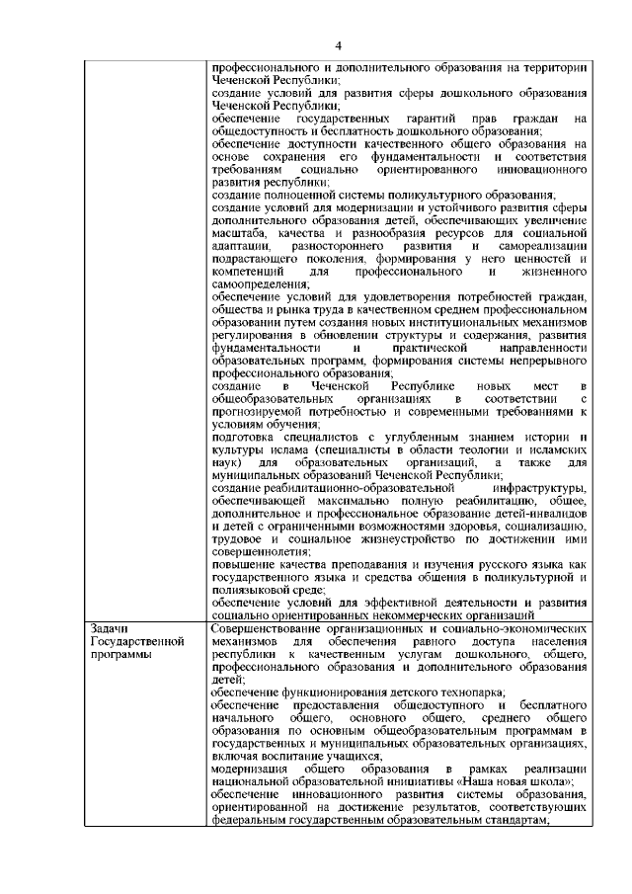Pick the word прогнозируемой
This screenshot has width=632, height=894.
click(266, 411)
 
